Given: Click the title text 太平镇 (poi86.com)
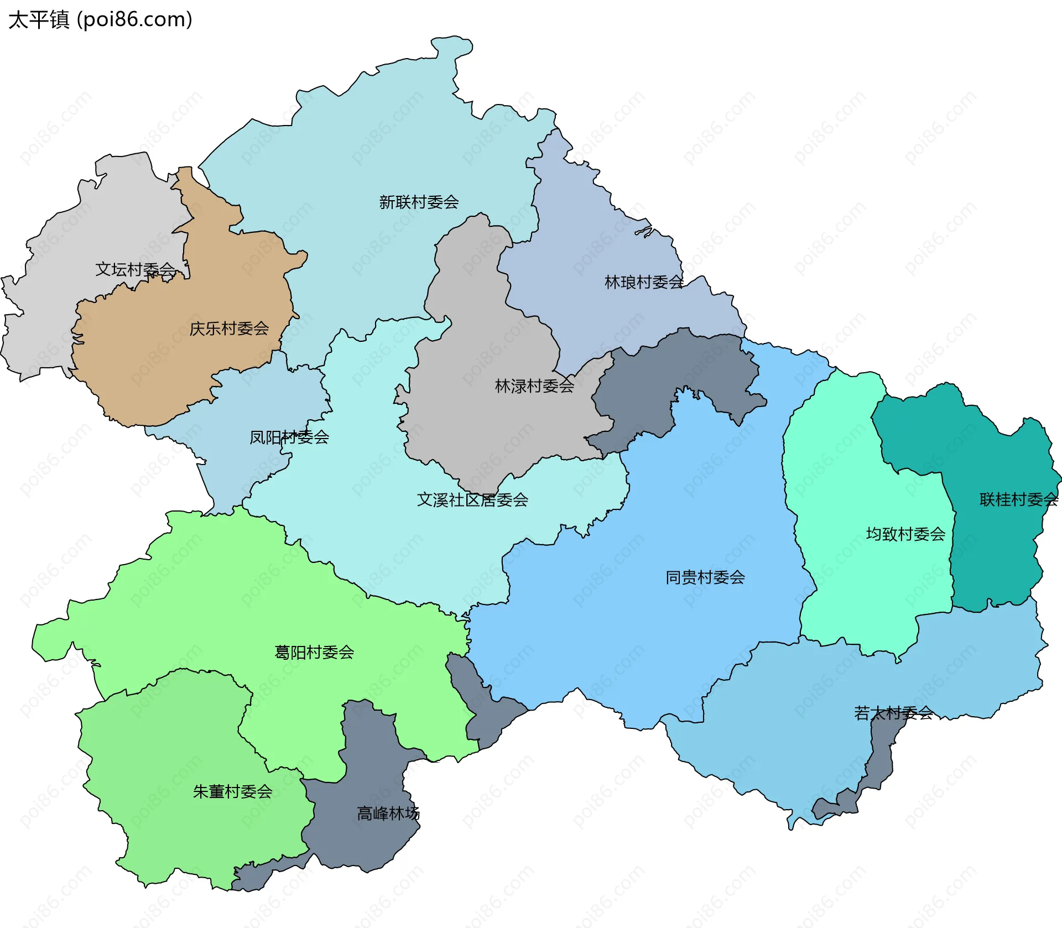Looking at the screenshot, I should click(100, 19).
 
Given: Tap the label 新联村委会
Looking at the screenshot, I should click(419, 202).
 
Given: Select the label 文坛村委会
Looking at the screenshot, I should click(135, 269).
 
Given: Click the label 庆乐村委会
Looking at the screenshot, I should click(229, 329).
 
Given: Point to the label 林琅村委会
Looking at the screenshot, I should click(644, 282).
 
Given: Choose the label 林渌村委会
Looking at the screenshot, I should click(534, 386).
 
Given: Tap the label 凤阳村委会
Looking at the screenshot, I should click(289, 437).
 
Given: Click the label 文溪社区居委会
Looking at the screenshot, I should click(472, 500).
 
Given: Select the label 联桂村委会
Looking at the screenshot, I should click(1018, 499).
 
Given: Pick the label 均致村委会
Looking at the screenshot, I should click(905, 534).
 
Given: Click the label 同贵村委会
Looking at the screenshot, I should click(705, 577).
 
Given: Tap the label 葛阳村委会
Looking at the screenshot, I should click(314, 653).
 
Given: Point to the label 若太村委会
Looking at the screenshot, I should click(893, 713).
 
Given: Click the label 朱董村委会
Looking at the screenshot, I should click(232, 791).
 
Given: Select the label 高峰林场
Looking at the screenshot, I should click(388, 813).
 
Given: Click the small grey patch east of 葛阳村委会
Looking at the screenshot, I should click(487, 713).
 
